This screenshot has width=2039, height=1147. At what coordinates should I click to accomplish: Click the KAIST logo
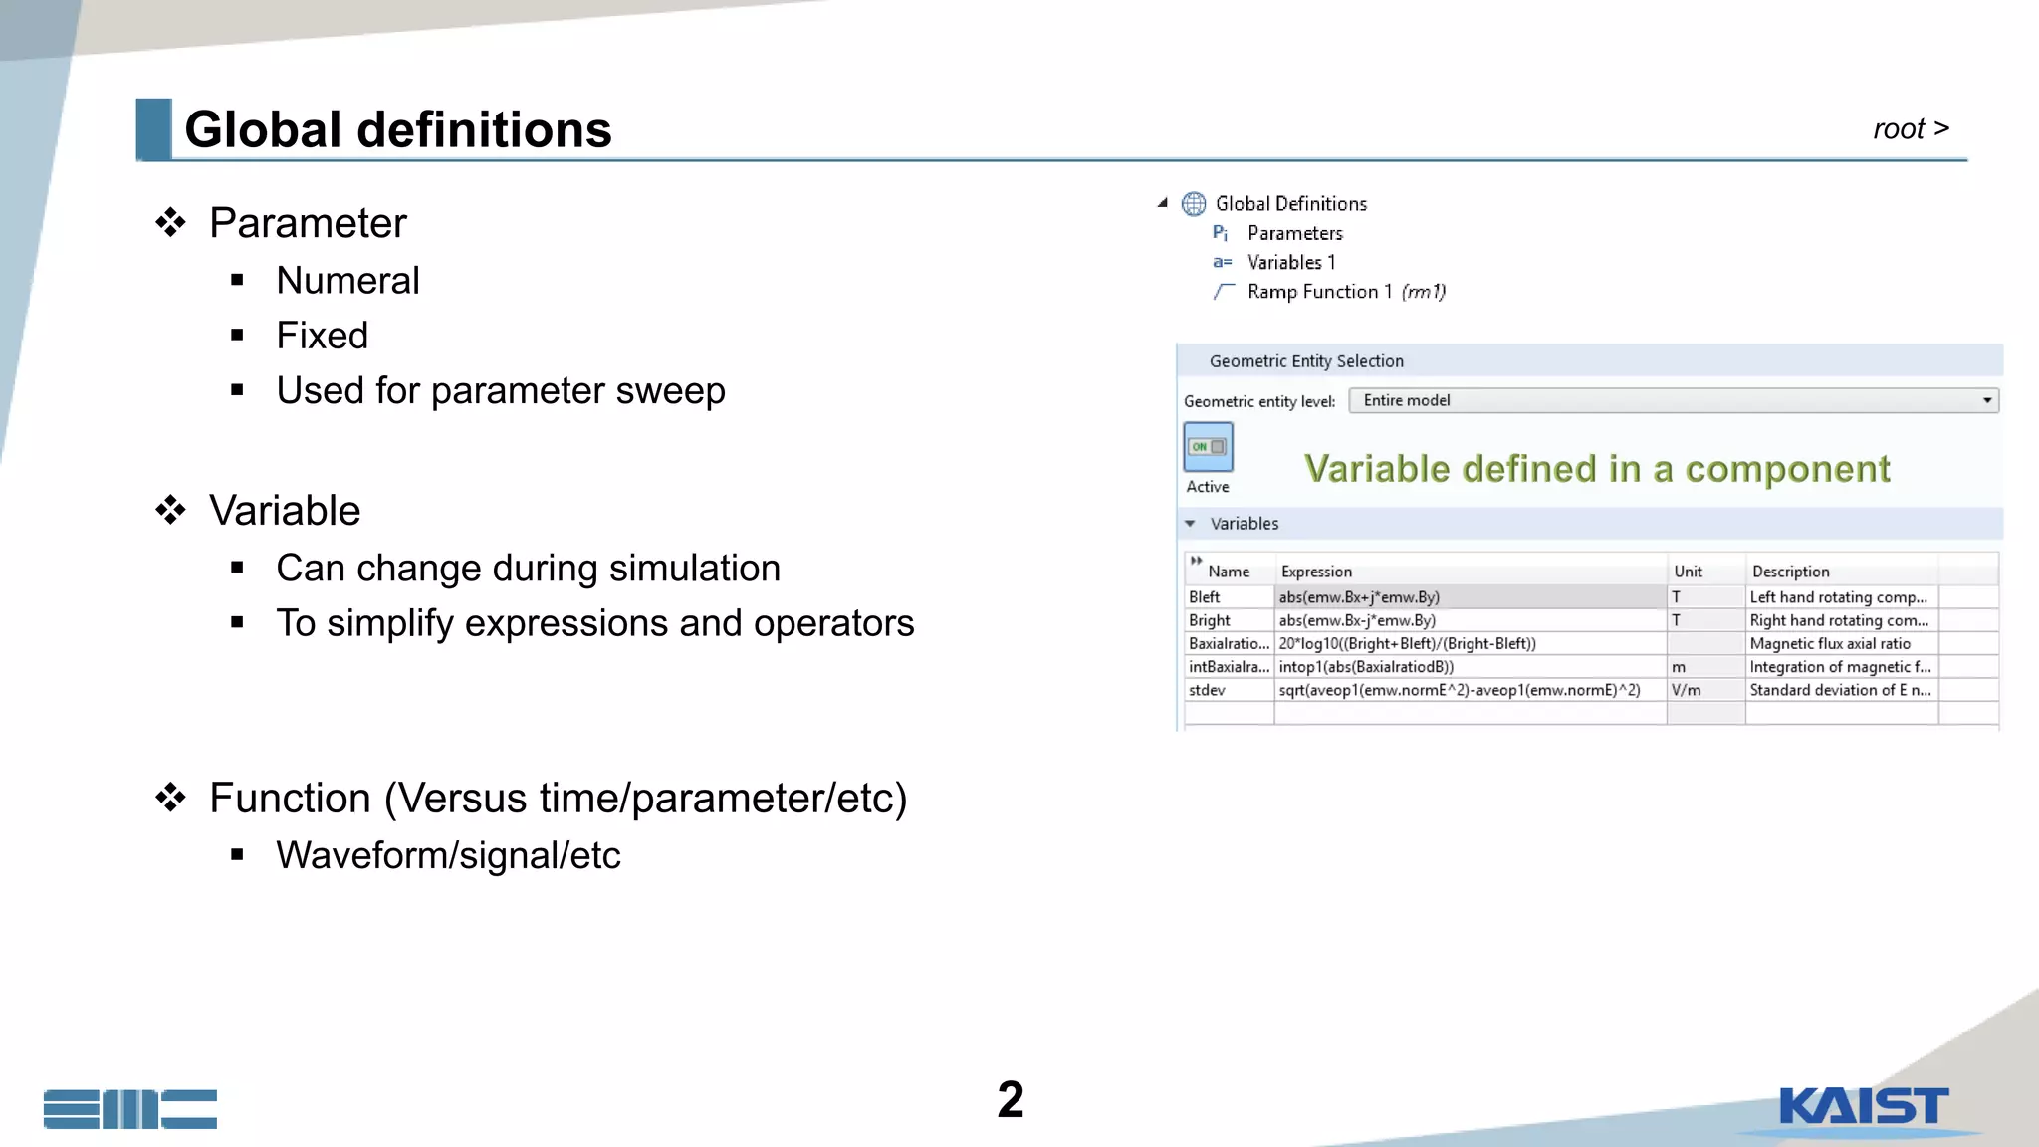[x=1863, y=1107]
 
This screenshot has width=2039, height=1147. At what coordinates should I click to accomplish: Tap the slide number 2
[x=1010, y=1100]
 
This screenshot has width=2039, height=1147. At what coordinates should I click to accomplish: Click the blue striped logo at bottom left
[x=130, y=1108]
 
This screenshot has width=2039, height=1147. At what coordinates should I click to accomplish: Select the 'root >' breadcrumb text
[x=1910, y=129]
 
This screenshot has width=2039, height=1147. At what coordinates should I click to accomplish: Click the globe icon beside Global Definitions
[x=1194, y=204]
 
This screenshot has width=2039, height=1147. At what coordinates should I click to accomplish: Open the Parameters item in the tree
[x=1294, y=233]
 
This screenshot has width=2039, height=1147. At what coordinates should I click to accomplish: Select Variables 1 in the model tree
[x=1290, y=263]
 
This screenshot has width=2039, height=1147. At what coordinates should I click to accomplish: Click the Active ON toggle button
[x=1208, y=447]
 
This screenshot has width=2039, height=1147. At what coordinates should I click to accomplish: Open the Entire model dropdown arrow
[x=1986, y=400]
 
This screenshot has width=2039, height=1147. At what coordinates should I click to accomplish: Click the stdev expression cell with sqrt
[x=1459, y=690]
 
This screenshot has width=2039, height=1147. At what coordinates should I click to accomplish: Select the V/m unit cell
[x=1703, y=690]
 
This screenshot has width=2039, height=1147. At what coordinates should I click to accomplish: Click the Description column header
[x=1790, y=572]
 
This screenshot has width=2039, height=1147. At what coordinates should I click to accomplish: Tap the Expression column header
[x=1316, y=572]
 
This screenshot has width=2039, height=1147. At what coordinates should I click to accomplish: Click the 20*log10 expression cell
[x=1407, y=644]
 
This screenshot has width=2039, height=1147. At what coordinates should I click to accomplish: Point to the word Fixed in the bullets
[x=322, y=336]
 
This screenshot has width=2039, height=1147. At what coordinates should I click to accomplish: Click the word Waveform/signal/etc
[x=448, y=855]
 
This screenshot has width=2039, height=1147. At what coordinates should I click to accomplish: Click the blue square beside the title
[x=153, y=128]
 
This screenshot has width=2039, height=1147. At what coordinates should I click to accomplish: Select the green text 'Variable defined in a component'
[x=1596, y=469]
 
